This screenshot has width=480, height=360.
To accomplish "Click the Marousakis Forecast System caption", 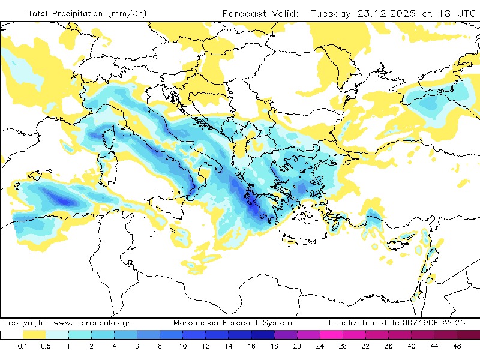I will pyautogui.click(x=233, y=323).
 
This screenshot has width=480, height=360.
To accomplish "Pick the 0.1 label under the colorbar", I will pyautogui.click(x=23, y=347).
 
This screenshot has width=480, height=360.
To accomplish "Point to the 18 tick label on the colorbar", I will pyautogui.click(x=274, y=347).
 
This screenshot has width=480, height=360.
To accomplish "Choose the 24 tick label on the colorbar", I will pyautogui.click(x=320, y=347).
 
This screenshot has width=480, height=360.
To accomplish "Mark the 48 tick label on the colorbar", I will pyautogui.click(x=457, y=347).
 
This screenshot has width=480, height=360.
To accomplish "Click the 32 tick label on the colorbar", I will pyautogui.click(x=365, y=347).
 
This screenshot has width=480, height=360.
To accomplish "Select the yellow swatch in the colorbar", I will pyautogui.click(x=35, y=335).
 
